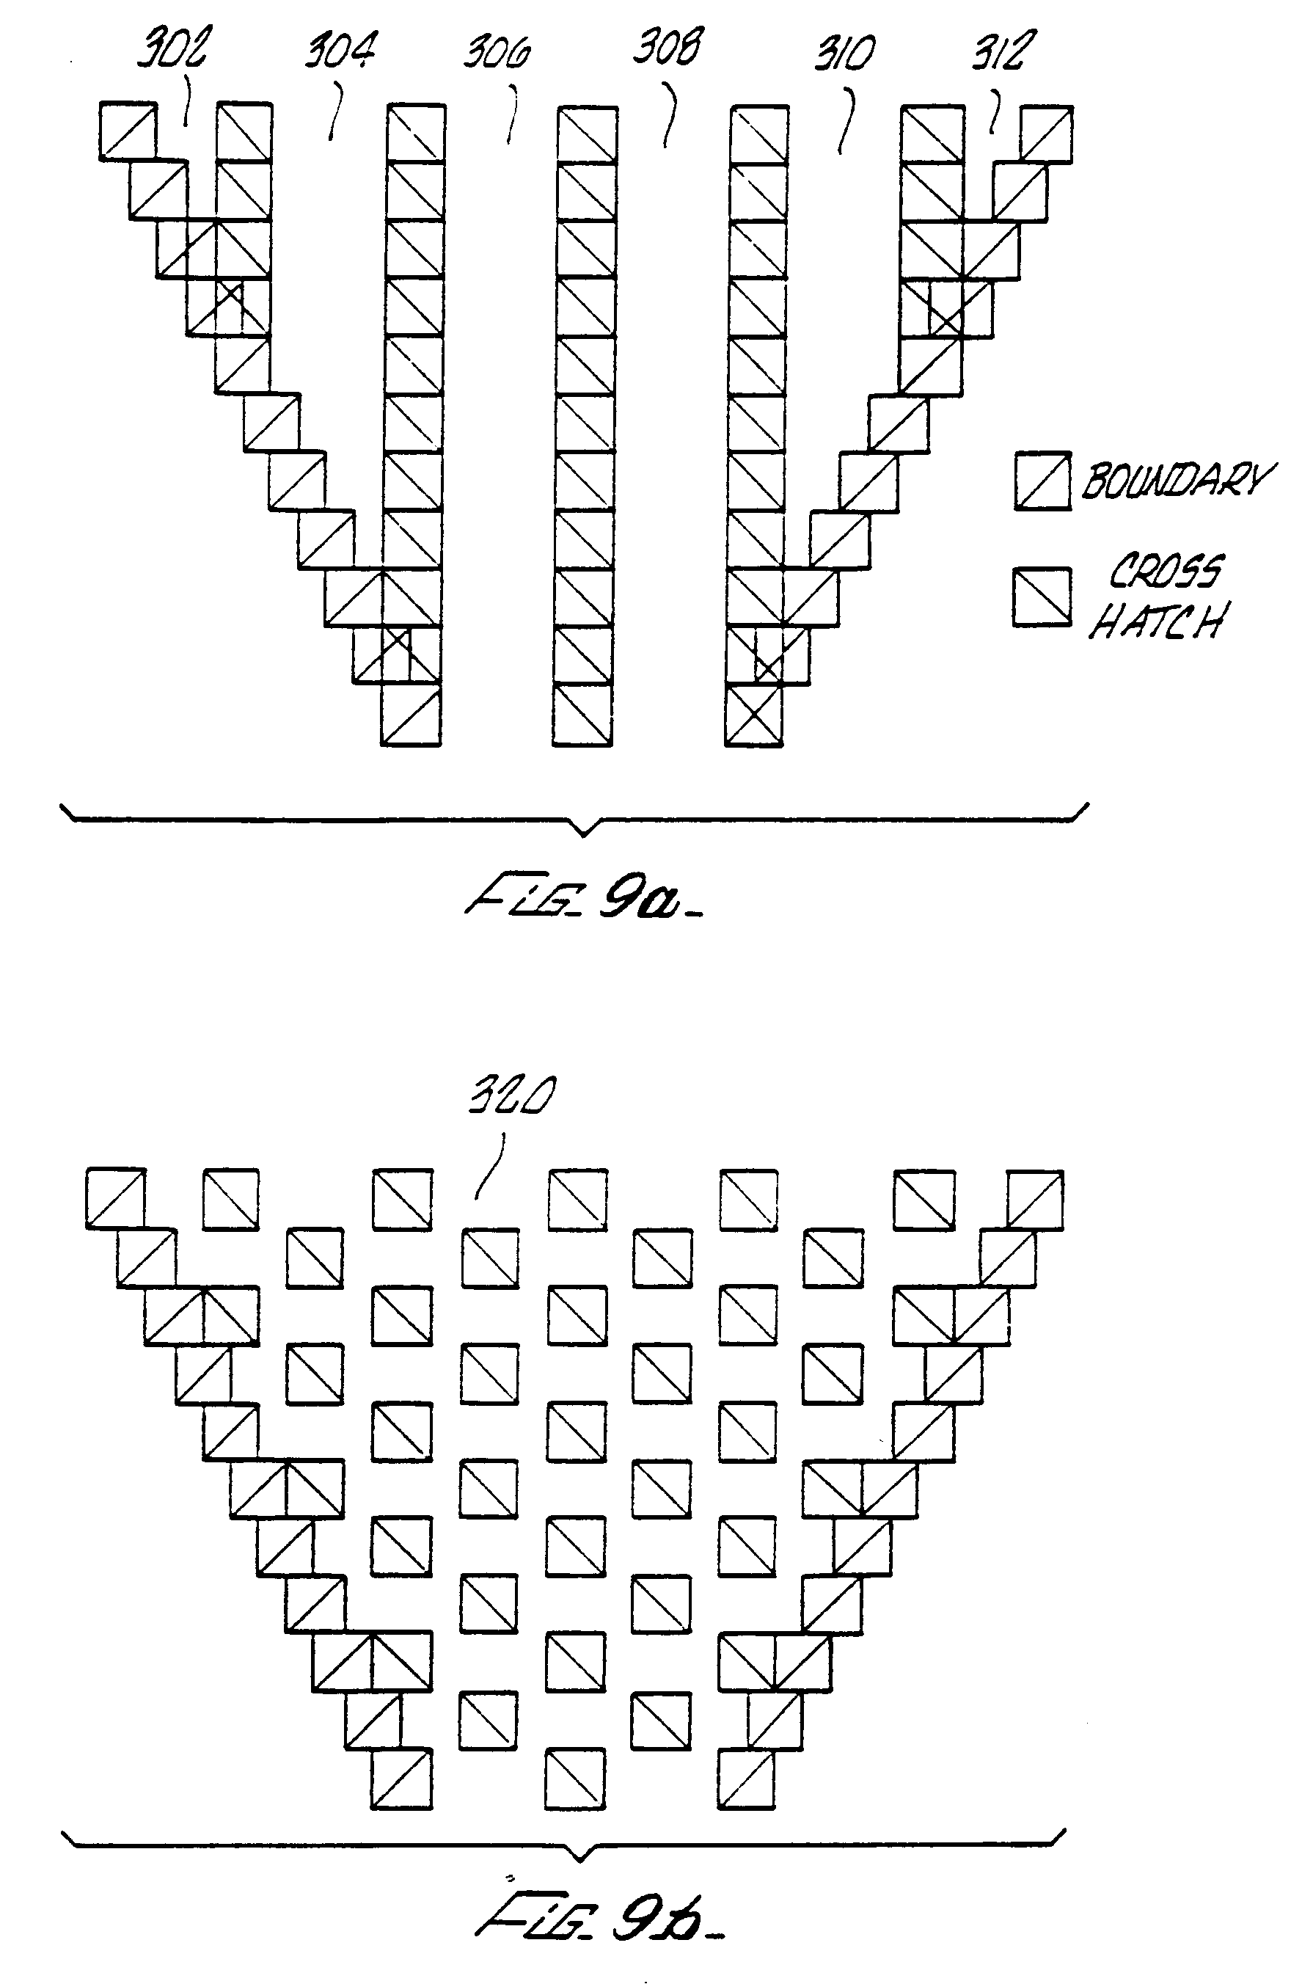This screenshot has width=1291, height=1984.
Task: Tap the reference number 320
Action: (510, 1096)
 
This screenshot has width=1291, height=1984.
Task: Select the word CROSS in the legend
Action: (1164, 571)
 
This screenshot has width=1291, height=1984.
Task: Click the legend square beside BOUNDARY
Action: (1042, 480)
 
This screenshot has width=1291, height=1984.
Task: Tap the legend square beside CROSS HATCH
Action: (1042, 597)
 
